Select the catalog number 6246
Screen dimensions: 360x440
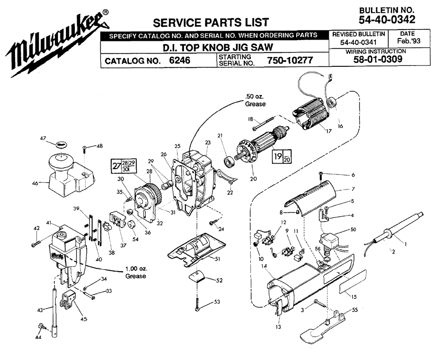pyautogui.click(x=180, y=61)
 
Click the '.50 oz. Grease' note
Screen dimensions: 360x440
pyautogui.click(x=255, y=101)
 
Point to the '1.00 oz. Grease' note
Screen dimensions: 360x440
pyautogui.click(x=136, y=273)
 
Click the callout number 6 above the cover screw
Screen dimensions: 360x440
pyautogui.click(x=352, y=175)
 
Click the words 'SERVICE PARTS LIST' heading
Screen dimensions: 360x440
pyautogui.click(x=210, y=22)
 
